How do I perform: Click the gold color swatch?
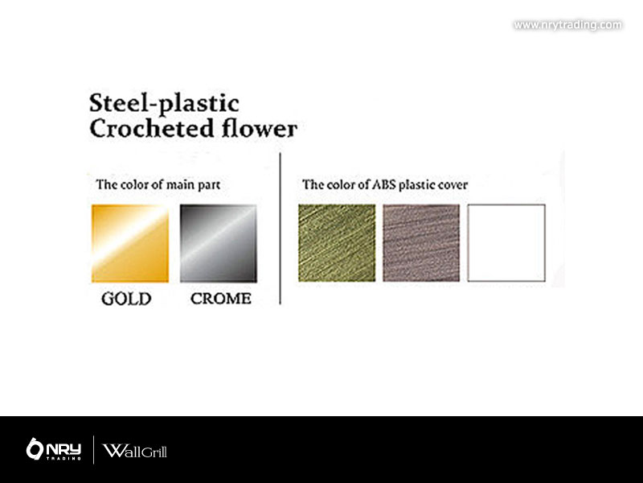click(x=130, y=243)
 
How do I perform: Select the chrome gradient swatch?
click(x=219, y=243)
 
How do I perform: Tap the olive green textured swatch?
click(x=337, y=243)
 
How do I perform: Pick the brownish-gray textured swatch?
click(x=421, y=243)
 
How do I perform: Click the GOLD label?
click(x=126, y=299)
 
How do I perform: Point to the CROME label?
click(x=220, y=299)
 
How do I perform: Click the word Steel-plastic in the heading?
click(x=164, y=104)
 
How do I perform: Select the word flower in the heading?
click(x=259, y=128)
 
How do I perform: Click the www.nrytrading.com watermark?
click(x=568, y=25)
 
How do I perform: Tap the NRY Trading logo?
click(x=54, y=449)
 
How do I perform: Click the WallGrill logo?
click(x=134, y=451)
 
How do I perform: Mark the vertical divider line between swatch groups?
click(x=280, y=229)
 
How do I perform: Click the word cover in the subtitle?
click(x=453, y=185)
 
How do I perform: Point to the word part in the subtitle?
click(x=209, y=185)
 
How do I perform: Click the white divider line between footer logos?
click(x=93, y=450)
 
